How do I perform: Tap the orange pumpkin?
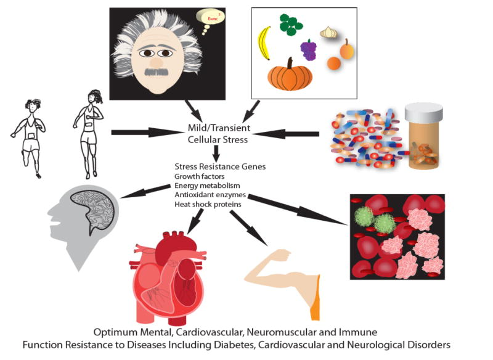[290, 75]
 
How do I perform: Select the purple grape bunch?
[308, 49]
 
